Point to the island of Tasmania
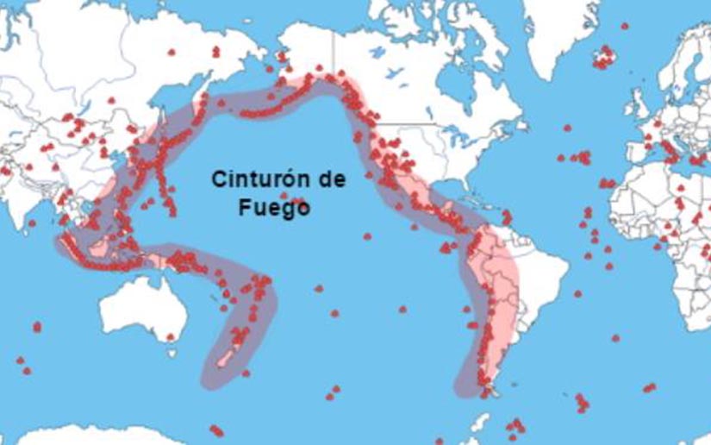coord(172,351)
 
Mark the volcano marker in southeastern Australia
coord(170,336)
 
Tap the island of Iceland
coord(604,60)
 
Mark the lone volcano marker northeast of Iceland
coord(624,26)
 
